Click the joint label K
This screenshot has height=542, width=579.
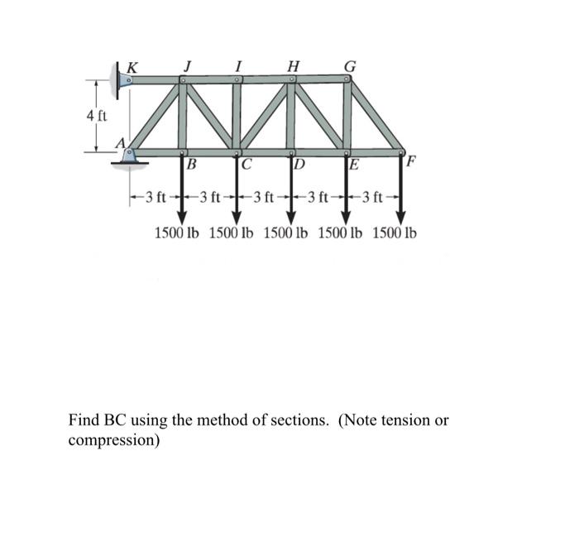point(132,66)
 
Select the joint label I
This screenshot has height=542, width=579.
point(238,65)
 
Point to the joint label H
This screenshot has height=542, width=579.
point(293,65)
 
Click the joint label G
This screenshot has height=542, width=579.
point(350,65)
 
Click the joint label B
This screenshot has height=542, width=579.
point(192,163)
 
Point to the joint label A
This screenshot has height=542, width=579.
point(119,143)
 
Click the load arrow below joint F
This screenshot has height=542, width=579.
point(400,190)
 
